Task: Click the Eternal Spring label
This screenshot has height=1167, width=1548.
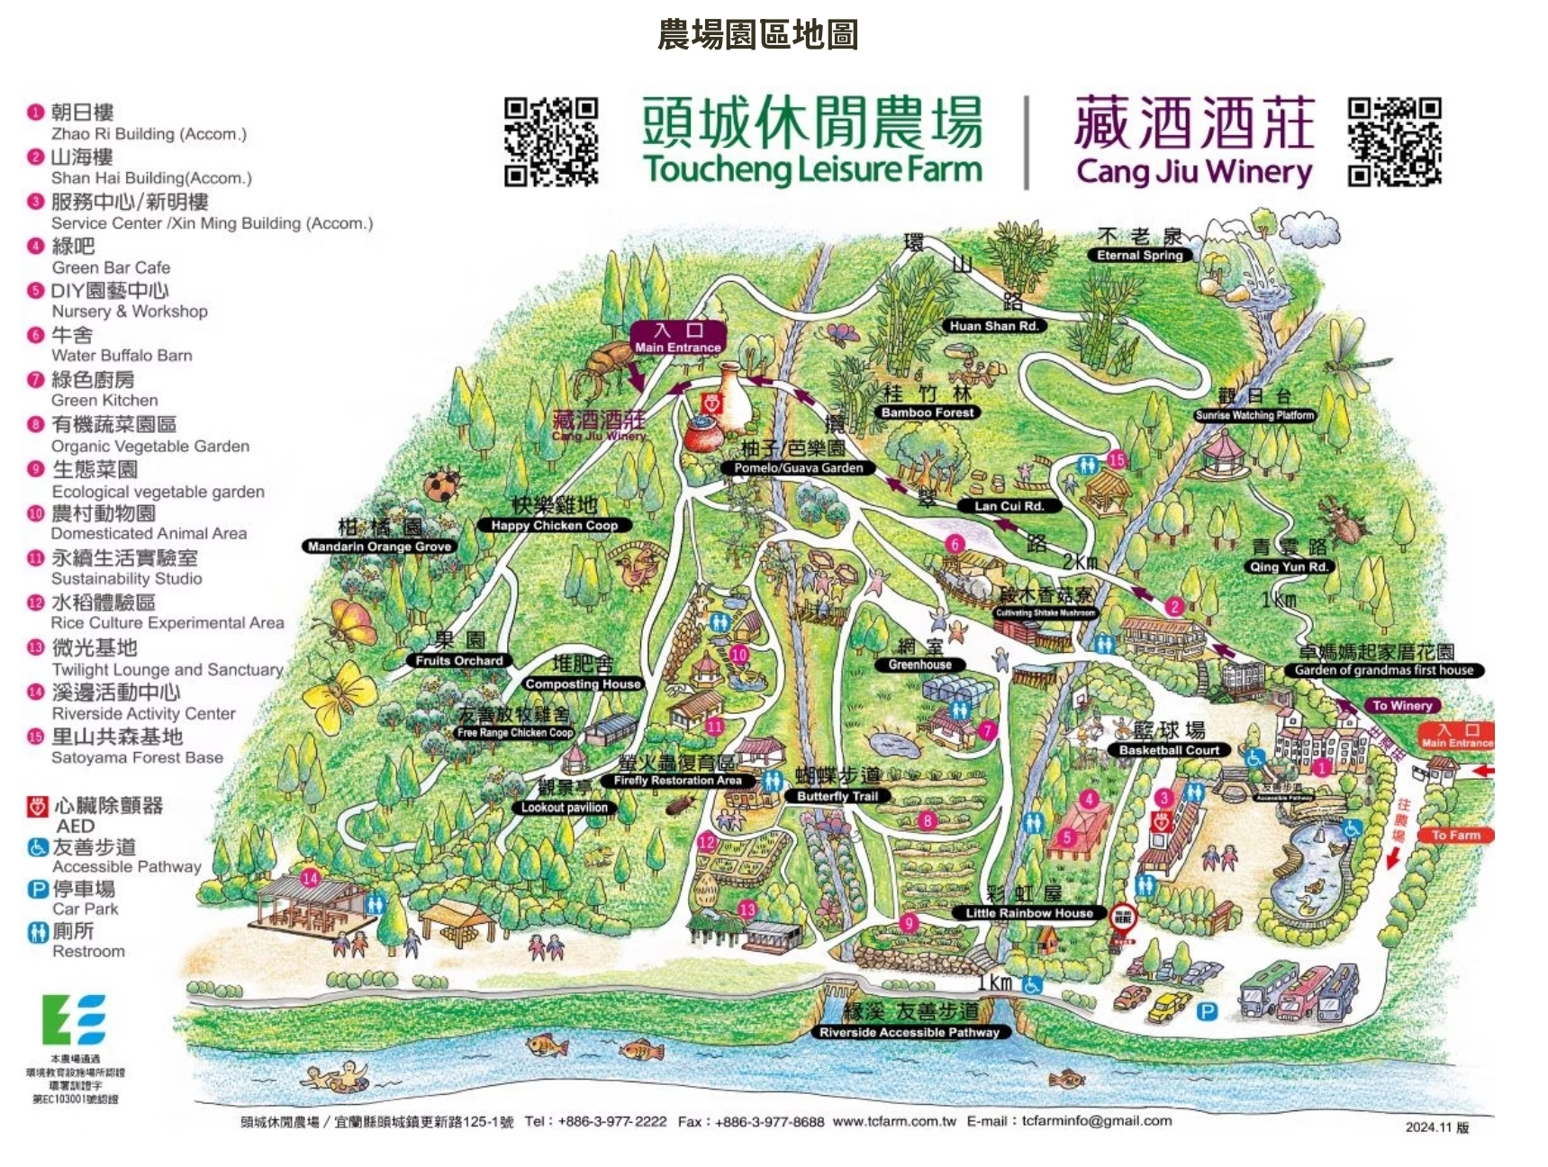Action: click(1139, 255)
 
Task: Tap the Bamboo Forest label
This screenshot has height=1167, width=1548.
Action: click(927, 412)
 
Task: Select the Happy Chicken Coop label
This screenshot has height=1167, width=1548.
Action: click(555, 525)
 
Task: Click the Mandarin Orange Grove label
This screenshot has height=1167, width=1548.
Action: click(379, 547)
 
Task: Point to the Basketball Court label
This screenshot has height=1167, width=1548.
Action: click(1169, 749)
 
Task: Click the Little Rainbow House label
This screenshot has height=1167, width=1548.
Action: click(1028, 913)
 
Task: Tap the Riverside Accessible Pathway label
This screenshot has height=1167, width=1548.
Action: click(909, 1032)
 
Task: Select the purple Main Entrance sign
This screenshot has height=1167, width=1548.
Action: click(677, 339)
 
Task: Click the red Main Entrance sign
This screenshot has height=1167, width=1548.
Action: click(1456, 736)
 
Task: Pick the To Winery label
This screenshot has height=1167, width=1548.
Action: click(1402, 705)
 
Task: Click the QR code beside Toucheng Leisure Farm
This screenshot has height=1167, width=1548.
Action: click(550, 142)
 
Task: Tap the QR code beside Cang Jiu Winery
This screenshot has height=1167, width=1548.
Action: click(1394, 142)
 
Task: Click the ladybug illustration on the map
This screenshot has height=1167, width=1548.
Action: click(441, 484)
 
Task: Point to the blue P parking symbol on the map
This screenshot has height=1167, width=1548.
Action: click(1207, 1012)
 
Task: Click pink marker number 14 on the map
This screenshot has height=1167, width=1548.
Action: click(310, 878)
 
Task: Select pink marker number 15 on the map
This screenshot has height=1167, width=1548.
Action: click(1117, 459)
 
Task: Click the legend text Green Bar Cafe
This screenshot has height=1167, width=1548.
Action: click(111, 267)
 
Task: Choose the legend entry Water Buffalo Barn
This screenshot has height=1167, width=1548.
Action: click(122, 356)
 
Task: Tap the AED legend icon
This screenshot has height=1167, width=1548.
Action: click(37, 806)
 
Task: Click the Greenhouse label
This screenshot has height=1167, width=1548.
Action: click(919, 665)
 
